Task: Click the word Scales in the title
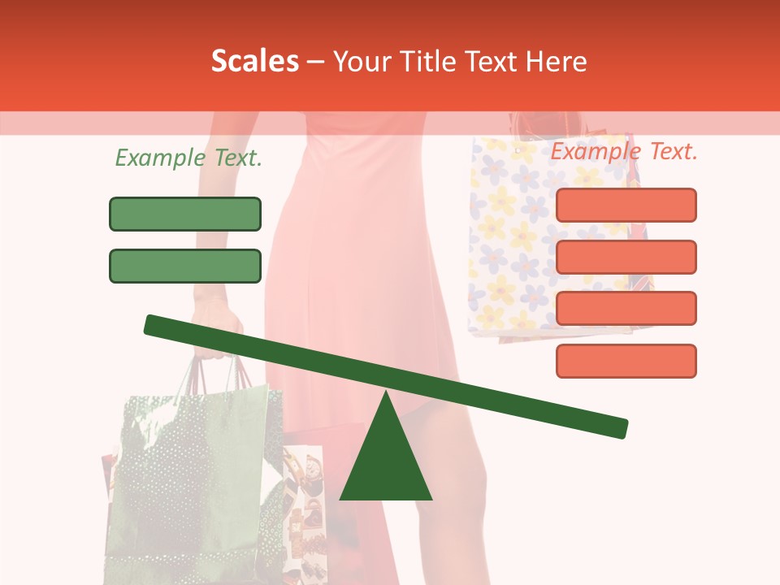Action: tap(254, 62)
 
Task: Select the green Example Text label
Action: tap(188, 158)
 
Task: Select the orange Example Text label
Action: tap(624, 151)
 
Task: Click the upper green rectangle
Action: tap(185, 214)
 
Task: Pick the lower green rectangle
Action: tap(185, 266)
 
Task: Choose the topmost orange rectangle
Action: tap(626, 205)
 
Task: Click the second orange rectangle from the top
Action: tap(626, 257)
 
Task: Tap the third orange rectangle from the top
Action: tap(626, 308)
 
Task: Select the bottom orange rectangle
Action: tap(626, 361)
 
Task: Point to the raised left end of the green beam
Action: tap(154, 324)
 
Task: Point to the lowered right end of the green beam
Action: tap(617, 427)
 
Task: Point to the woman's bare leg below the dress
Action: tap(455, 487)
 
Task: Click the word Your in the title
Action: tap(362, 62)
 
